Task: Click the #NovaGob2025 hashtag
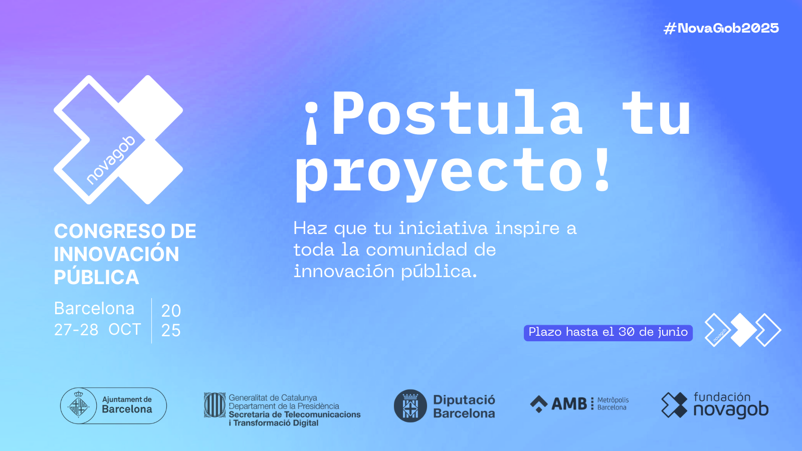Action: (x=721, y=28)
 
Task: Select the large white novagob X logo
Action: (x=118, y=140)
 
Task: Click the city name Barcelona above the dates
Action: (x=94, y=309)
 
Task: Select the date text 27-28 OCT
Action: (x=97, y=330)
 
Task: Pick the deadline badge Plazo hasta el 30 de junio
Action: (x=608, y=333)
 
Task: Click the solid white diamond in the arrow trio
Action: (x=743, y=330)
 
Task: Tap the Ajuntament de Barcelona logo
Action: (x=113, y=405)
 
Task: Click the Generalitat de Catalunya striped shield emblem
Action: (x=215, y=405)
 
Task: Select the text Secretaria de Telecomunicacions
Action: (x=295, y=414)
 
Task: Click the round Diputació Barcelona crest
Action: (x=411, y=406)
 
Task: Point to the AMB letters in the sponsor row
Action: (x=569, y=404)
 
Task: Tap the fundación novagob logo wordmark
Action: (x=731, y=405)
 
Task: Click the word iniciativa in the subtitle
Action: (x=443, y=229)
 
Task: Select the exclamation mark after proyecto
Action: (x=602, y=169)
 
